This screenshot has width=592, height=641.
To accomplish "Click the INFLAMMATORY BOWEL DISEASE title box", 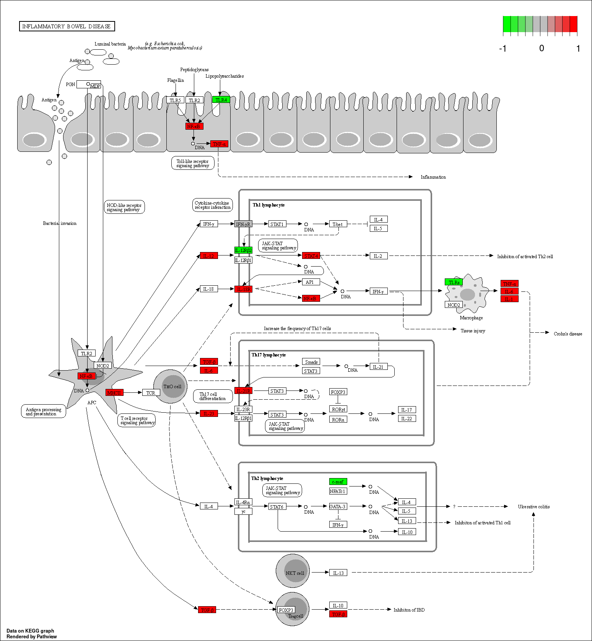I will click(67, 26).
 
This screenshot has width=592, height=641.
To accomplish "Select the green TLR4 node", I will click(221, 100).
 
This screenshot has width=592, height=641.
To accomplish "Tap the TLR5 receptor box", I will click(175, 100).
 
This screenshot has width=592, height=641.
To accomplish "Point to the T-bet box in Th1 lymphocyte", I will click(338, 224).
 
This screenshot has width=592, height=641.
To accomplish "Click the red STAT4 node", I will click(311, 256).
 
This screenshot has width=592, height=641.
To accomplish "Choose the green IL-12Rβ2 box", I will click(243, 250).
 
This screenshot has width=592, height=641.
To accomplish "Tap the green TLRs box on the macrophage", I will click(454, 282).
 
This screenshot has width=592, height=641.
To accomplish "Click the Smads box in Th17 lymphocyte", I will click(311, 362).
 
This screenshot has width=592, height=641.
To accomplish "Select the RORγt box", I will click(338, 409).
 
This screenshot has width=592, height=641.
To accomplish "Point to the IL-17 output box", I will click(407, 410).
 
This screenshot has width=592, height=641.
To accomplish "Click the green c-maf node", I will click(338, 482).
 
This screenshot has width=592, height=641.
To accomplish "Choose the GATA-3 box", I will click(338, 506).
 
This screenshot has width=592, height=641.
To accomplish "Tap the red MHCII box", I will click(114, 393).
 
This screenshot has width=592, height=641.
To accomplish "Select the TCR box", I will click(151, 393).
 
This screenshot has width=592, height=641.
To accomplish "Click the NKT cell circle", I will click(293, 571).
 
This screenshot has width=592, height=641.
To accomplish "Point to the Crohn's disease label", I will click(568, 334).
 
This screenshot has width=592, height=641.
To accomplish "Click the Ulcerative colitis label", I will click(534, 507).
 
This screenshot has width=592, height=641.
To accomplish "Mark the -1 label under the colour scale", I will click(503, 49).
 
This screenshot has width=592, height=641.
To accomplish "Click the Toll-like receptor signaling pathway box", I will click(193, 163).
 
